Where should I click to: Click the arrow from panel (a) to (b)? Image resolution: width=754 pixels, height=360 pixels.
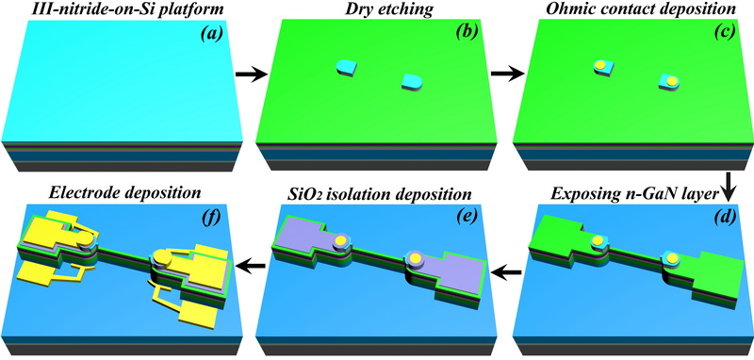coord(251,74)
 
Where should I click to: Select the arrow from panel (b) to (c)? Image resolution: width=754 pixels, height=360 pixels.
coord(508,74)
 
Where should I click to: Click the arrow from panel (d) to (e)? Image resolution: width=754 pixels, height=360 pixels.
coord(508,273)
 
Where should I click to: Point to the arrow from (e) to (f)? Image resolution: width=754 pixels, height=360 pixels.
coord(251,262)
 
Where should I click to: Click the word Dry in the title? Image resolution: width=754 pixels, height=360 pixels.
coord(348,9)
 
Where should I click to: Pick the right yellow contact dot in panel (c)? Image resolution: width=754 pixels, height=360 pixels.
coord(672,80)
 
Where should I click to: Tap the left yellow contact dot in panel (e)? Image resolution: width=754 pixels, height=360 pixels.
coord(340,241)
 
